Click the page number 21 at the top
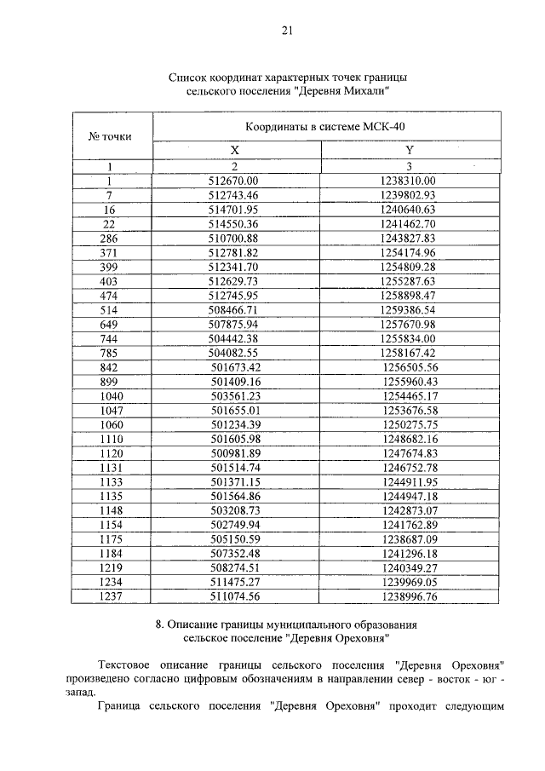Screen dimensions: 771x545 pyautogui.click(x=286, y=31)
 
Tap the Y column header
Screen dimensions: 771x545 pyautogui.click(x=409, y=150)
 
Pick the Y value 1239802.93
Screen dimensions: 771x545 pyautogui.click(x=409, y=195)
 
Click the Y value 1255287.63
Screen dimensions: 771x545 pyautogui.click(x=409, y=281)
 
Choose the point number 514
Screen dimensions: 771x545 pyautogui.click(x=109, y=310)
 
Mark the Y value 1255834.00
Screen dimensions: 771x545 pyautogui.click(x=409, y=339)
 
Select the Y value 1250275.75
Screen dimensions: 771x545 pyautogui.click(x=410, y=425)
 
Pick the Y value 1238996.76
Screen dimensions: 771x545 pyautogui.click(x=410, y=598)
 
